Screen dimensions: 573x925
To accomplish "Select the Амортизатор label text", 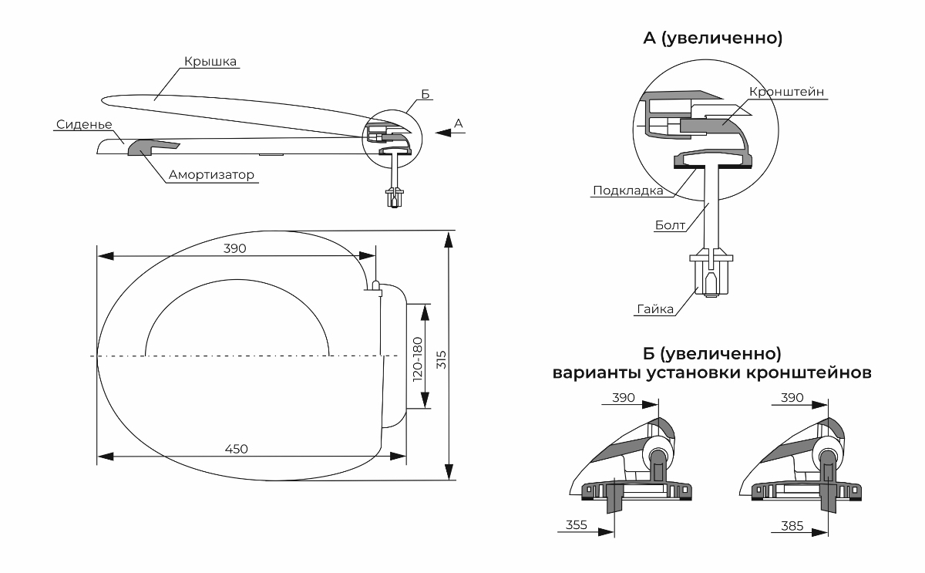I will click(x=212, y=175).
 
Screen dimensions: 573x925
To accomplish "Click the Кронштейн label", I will click(x=787, y=92).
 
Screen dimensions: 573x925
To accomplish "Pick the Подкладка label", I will click(x=624, y=190).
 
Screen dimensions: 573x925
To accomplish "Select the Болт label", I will click(x=670, y=226).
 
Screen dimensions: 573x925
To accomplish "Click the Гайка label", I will click(x=655, y=309).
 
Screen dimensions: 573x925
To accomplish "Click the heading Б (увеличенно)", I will click(x=712, y=354).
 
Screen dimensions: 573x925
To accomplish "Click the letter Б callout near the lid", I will click(x=426, y=95).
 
